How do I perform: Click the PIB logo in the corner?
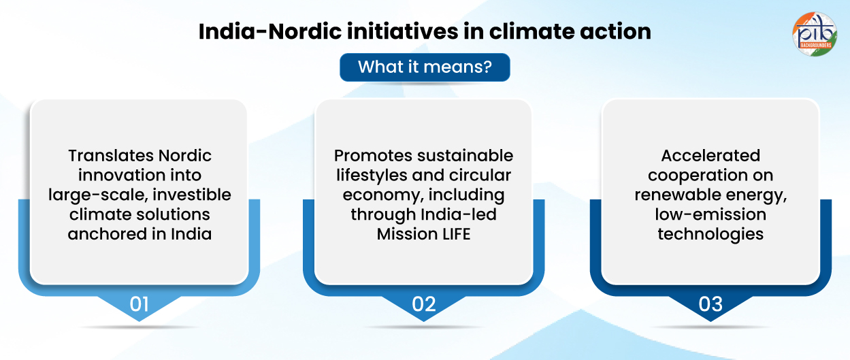pos(815,34)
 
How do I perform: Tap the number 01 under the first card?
pos(139,304)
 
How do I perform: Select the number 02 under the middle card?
pos(423,304)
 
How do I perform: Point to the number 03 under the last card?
pos(710,304)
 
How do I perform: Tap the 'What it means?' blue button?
pos(425,67)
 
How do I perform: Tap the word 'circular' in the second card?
pos(480,176)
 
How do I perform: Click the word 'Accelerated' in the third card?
pos(710,156)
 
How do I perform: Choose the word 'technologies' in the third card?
pos(710,234)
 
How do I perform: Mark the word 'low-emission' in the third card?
pos(710,214)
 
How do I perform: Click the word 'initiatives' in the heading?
pos(402,31)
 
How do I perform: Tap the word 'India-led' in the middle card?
pos(459,214)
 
